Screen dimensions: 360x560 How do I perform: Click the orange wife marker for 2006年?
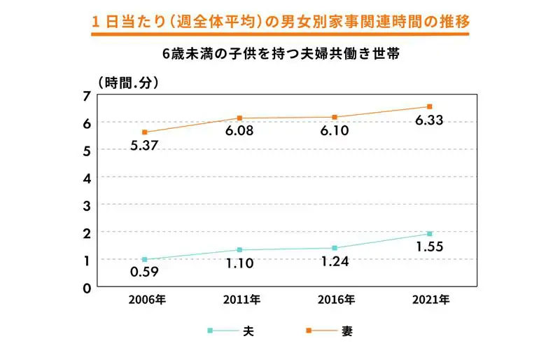click(144, 132)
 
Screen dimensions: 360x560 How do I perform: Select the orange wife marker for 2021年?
click(430, 106)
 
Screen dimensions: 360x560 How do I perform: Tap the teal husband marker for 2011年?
click(239, 250)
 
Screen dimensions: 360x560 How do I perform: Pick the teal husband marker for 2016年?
click(335, 248)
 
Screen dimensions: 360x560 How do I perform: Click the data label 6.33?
click(429, 121)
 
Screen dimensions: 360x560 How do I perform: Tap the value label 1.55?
click(429, 247)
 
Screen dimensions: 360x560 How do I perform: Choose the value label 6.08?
click(239, 131)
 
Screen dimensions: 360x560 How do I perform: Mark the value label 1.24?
click(335, 263)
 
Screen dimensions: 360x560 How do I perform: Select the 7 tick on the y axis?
click(87, 96)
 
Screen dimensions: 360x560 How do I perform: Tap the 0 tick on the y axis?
click(87, 287)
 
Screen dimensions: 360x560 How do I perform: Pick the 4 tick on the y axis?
click(87, 178)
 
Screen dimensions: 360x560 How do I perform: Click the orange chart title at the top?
click(280, 22)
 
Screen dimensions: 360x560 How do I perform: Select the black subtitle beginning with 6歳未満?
click(280, 55)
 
